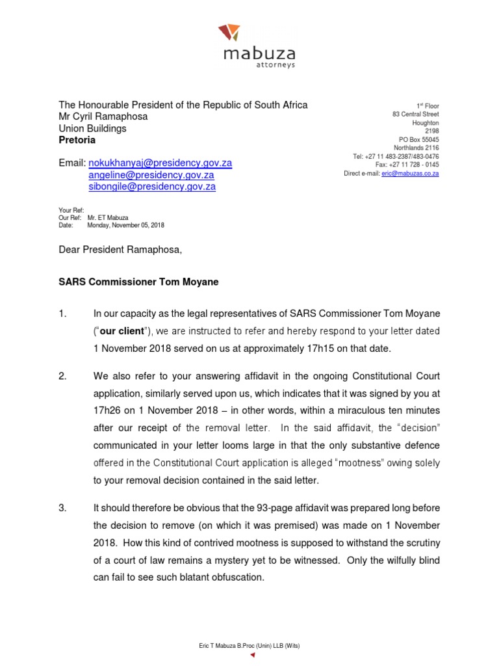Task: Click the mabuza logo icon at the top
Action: point(229,32)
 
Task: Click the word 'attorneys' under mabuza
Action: point(276,64)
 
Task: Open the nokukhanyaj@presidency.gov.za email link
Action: point(160,163)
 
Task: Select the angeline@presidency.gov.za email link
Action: point(151,175)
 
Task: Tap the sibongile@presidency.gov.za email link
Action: point(152,187)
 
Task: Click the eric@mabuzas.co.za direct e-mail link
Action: point(410,174)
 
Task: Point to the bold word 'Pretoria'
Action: point(77,140)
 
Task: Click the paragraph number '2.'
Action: point(63,377)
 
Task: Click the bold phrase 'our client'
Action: point(120,331)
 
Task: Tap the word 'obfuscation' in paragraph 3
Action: point(233,576)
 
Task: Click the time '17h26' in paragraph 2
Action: point(107,410)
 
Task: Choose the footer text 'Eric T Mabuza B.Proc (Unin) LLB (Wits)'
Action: point(249,645)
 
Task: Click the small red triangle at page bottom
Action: point(253,656)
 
